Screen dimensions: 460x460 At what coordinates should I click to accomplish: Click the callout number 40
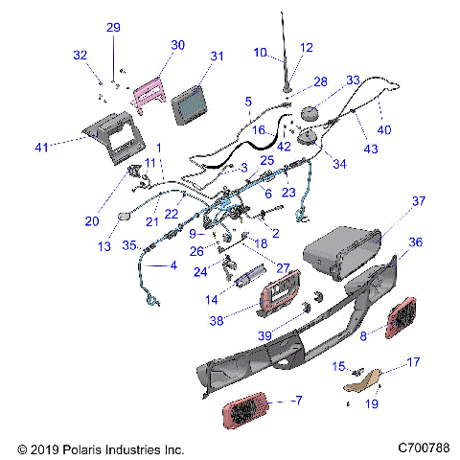click(384, 130)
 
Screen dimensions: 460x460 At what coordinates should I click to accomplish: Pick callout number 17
click(414, 363)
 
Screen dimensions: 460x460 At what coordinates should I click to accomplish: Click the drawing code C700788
click(422, 448)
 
